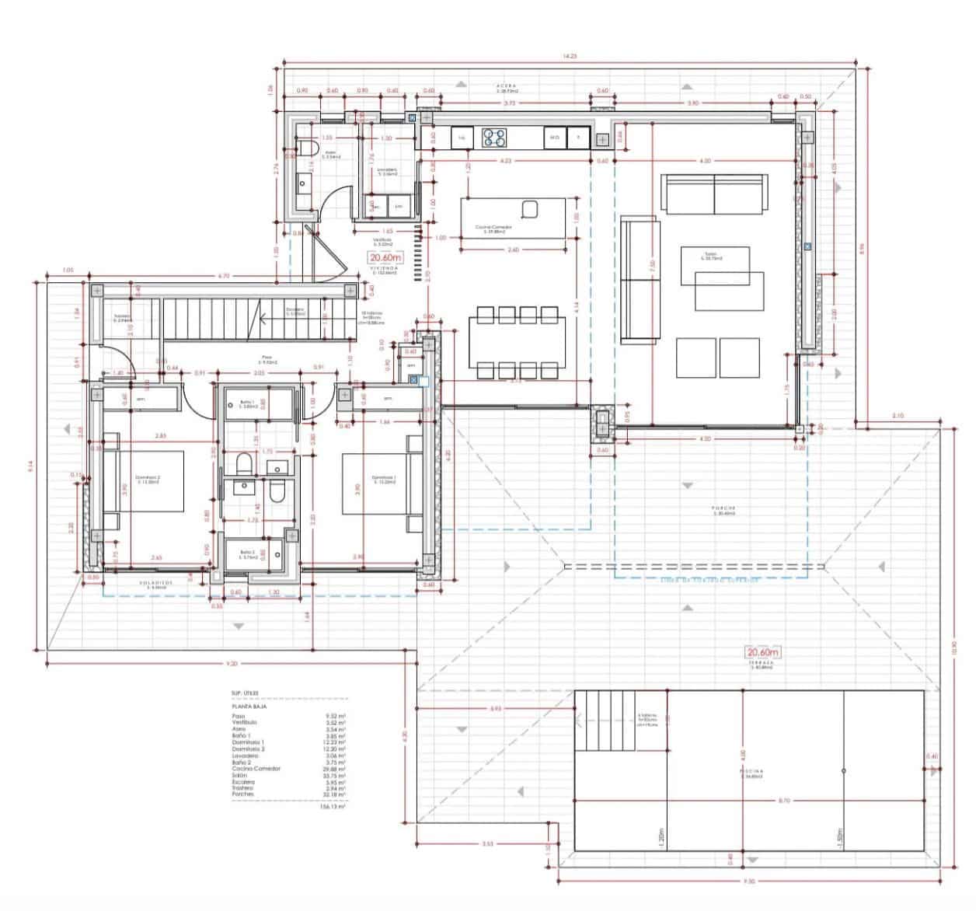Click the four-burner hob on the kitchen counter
pyautogui.click(x=493, y=138)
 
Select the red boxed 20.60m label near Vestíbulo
pyautogui.click(x=386, y=258)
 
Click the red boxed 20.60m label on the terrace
pyautogui.click(x=762, y=652)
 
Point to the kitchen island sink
pyautogui.click(x=531, y=209)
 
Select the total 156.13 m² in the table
pyautogui.click(x=333, y=807)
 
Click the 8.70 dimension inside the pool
pyautogui.click(x=784, y=800)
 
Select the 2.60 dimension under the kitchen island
pyautogui.click(x=513, y=250)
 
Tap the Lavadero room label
pyautogui.click(x=387, y=171)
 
